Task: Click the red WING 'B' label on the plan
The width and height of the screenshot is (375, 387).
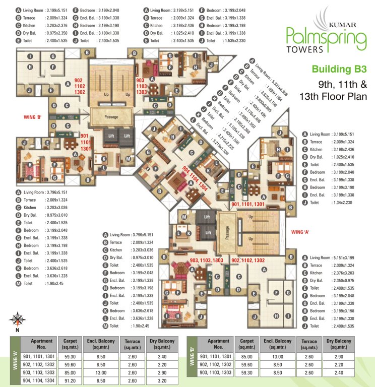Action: (x=33, y=117)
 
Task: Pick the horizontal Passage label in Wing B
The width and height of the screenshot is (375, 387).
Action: (x=111, y=117)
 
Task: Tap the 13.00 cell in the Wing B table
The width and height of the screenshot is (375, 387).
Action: (x=278, y=356)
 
